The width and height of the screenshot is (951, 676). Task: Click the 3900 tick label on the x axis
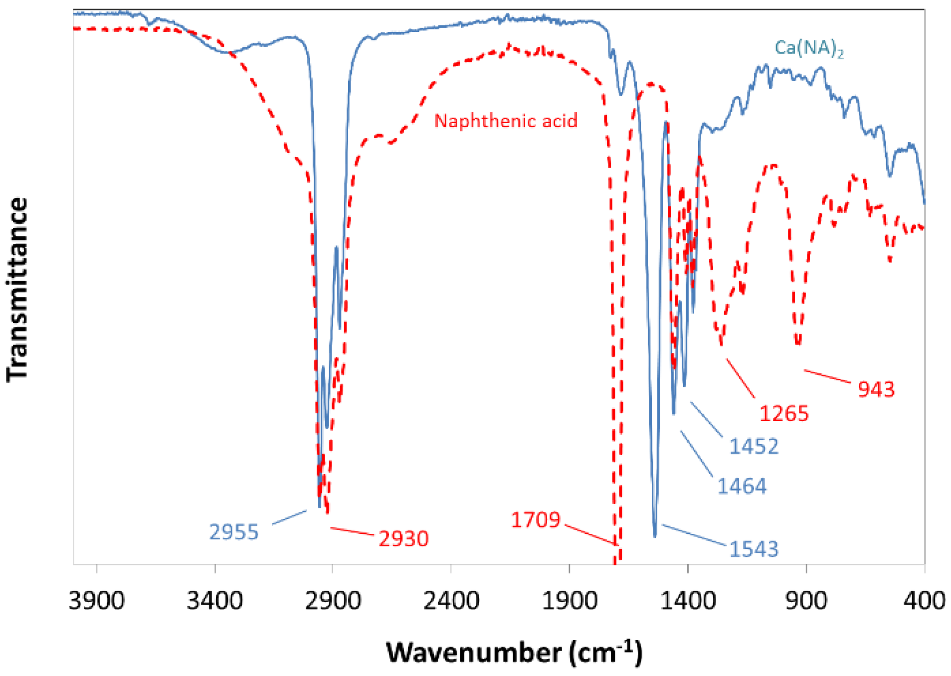[x=96, y=601]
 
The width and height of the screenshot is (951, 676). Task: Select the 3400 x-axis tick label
[x=214, y=601]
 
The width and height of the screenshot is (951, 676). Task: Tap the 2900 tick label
[x=333, y=601]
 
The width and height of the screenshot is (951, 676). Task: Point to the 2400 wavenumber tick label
[x=451, y=601]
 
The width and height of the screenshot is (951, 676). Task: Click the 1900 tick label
[x=569, y=601]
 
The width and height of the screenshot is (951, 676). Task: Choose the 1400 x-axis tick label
[x=688, y=601]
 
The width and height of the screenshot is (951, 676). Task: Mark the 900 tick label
[x=806, y=601]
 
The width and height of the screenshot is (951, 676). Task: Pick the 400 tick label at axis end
[x=924, y=601]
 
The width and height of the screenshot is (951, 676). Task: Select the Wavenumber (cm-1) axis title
[x=514, y=652]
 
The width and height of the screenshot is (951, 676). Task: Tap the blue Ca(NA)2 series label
[x=808, y=48]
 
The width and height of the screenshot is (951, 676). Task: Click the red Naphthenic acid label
[x=506, y=121]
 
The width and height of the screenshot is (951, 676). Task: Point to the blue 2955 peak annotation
[x=233, y=532]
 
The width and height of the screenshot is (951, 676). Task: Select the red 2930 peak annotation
[x=403, y=539]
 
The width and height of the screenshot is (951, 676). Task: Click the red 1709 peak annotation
[x=536, y=520]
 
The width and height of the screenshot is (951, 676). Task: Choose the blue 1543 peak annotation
[x=754, y=549]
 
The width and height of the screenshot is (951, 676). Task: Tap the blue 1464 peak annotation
[x=742, y=487]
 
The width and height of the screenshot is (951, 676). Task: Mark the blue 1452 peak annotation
[x=754, y=446]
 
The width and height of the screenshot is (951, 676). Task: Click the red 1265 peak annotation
[x=783, y=414]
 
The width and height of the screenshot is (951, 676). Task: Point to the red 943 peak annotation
[x=876, y=389]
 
